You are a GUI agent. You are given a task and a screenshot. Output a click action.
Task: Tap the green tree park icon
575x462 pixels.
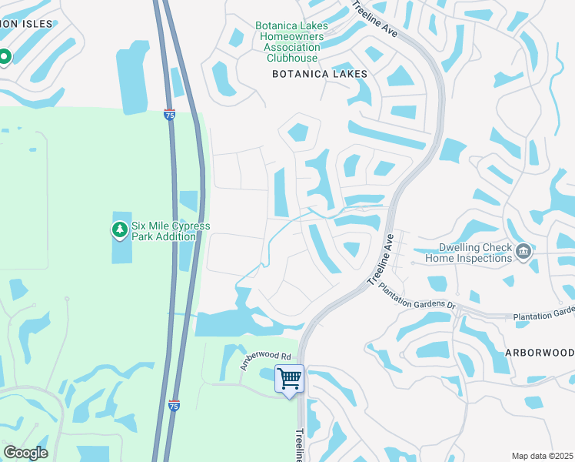click(x=119, y=229)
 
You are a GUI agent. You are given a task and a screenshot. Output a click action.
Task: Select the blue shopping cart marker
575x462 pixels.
click(x=289, y=379)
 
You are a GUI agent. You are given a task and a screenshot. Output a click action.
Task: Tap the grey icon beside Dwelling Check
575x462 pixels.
click(x=523, y=251)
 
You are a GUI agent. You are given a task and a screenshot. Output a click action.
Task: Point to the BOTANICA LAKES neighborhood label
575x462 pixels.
click(x=321, y=74)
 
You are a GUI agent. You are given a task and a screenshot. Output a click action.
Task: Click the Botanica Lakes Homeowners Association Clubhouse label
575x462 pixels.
click(x=291, y=42)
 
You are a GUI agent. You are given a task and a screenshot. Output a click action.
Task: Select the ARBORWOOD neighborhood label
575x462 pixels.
click(x=539, y=351)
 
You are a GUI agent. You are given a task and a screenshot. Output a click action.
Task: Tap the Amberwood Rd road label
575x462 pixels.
click(x=266, y=361)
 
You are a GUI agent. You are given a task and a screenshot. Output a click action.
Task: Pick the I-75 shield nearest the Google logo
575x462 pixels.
click(x=174, y=405)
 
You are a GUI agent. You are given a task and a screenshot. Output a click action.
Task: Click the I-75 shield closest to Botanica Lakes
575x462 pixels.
click(x=169, y=115)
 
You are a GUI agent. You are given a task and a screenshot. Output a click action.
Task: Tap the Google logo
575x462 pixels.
click(x=25, y=453)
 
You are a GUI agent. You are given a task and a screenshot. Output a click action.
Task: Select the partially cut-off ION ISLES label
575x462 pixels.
click(x=27, y=24)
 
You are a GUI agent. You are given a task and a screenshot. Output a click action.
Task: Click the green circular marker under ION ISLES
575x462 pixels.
click(x=4, y=57)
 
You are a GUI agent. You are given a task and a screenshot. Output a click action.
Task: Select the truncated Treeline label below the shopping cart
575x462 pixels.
click(x=300, y=445)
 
